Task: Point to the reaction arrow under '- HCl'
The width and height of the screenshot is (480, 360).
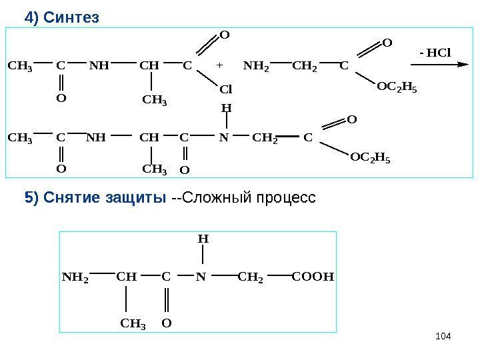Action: click(437, 65)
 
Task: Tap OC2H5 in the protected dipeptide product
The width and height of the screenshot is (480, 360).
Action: click(371, 158)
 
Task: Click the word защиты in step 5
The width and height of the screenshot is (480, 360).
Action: click(136, 198)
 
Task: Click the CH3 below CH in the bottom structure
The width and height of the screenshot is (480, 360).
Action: click(133, 324)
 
